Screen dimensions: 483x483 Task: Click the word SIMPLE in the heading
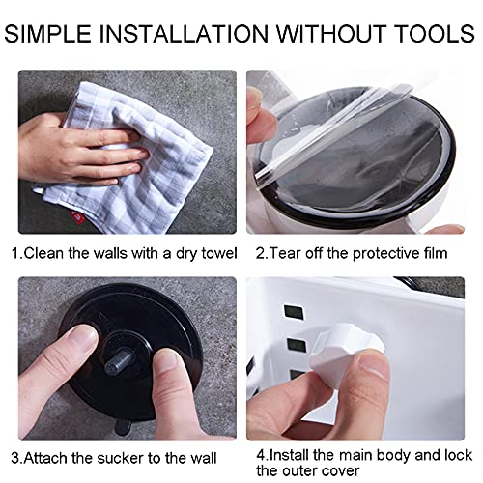47,33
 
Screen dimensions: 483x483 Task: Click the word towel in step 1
219,253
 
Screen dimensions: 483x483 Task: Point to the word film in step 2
436,253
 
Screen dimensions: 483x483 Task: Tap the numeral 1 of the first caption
15,253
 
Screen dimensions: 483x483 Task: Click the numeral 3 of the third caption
15,458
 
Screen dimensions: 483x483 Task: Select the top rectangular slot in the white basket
294,312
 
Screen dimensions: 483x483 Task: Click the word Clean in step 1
43,253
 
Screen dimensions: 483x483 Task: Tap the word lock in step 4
459,455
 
